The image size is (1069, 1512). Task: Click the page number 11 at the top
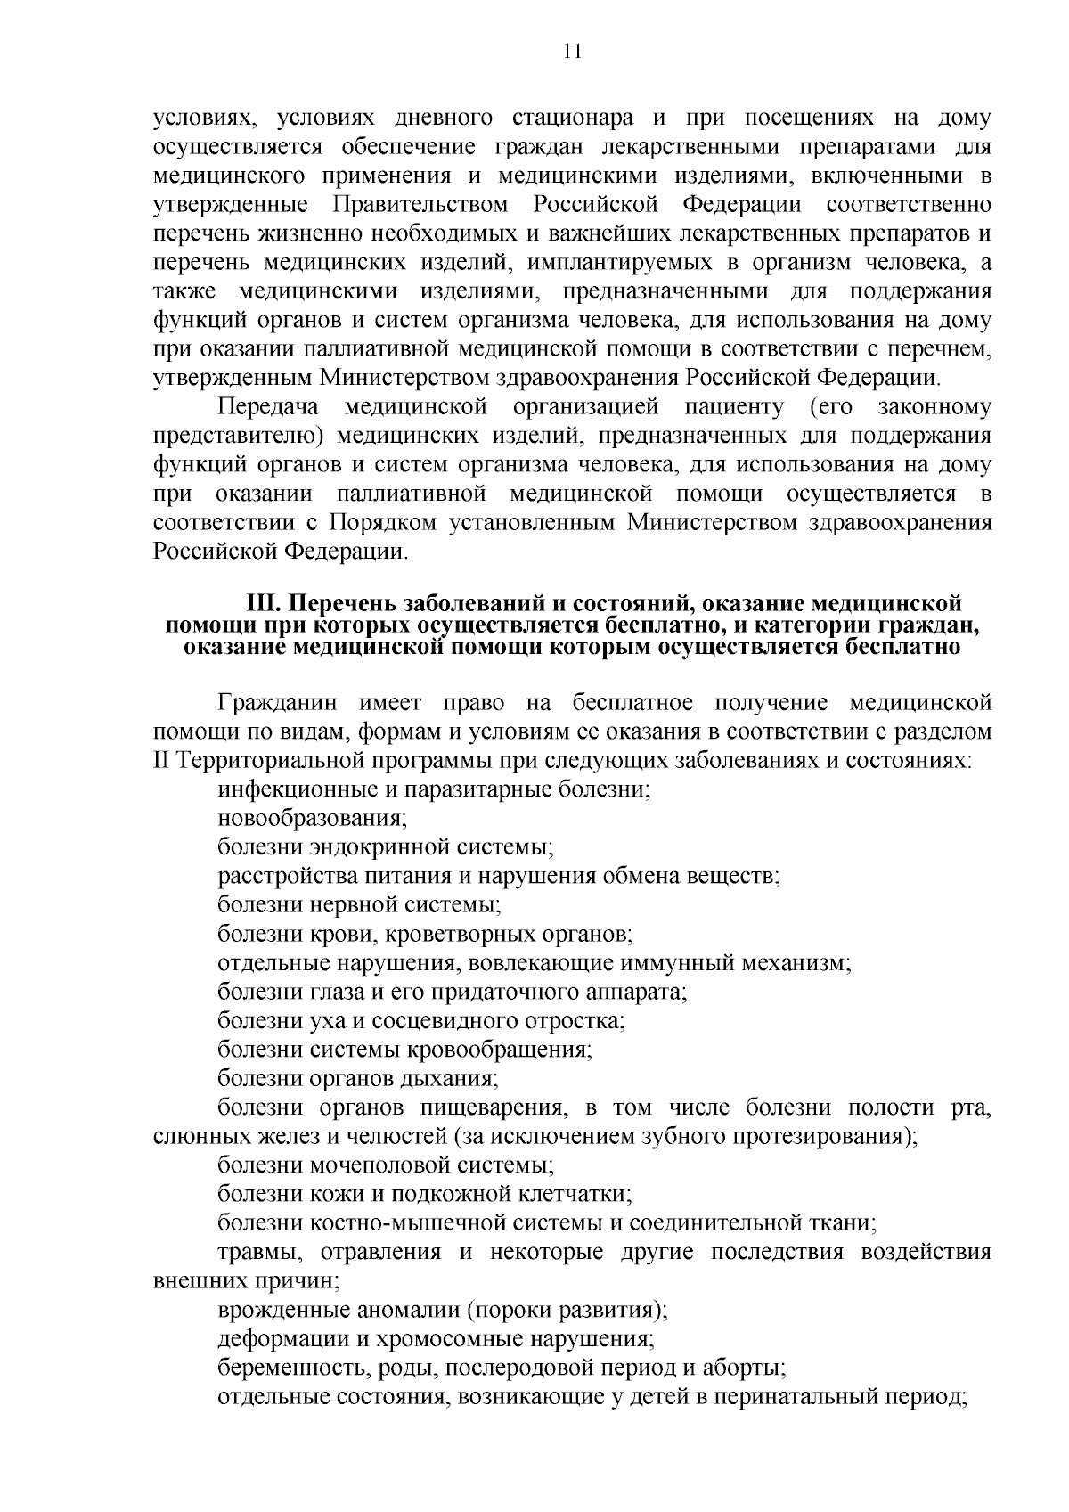coord(572,51)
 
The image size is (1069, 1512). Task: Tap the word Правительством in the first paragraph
coord(420,205)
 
